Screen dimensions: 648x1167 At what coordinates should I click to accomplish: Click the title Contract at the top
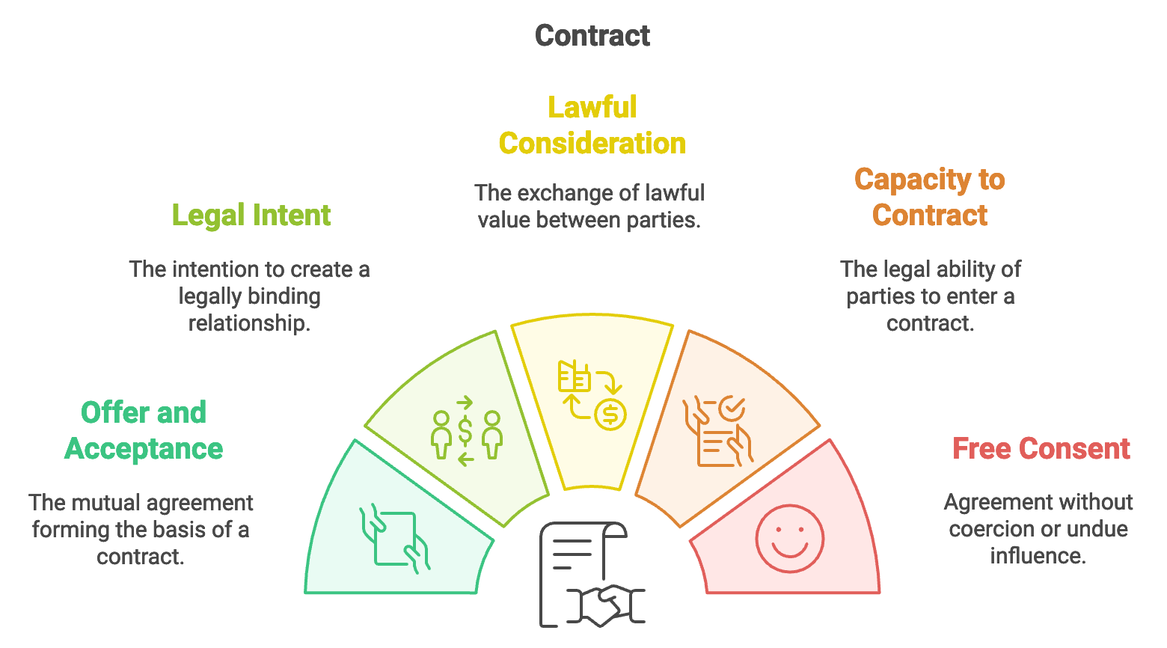click(592, 36)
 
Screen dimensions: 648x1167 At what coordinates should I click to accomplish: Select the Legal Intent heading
click(251, 216)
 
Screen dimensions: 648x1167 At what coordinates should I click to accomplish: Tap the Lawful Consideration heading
click(592, 126)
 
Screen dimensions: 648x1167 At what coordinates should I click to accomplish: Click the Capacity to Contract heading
click(930, 198)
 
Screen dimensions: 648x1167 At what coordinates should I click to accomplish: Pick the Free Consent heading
click(1041, 449)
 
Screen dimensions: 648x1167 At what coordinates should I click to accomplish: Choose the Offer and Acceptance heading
click(144, 431)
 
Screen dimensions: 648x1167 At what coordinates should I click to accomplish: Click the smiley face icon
click(789, 539)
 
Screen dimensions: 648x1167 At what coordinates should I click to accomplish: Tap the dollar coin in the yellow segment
click(610, 414)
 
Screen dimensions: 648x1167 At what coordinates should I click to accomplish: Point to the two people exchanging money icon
click(466, 432)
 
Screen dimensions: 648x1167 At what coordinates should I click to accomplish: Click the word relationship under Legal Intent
click(249, 323)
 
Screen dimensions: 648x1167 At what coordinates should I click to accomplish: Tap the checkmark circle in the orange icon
click(732, 409)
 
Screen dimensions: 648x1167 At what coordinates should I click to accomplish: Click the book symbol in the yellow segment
click(574, 376)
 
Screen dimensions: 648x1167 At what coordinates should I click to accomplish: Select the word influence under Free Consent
click(1038, 556)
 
